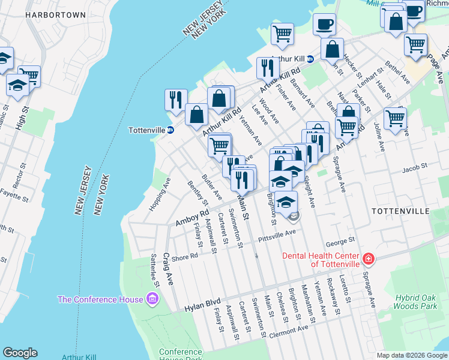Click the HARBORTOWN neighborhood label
coord(56,14)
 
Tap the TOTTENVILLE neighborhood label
coord(400,211)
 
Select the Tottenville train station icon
coord(170,130)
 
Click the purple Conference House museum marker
coord(153,299)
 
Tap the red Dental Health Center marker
coord(368,259)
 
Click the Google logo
coord(20,353)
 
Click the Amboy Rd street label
coord(192,217)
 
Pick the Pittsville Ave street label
coord(277,236)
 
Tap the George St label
coord(337,243)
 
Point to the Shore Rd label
coord(185,256)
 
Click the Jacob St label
coord(414,169)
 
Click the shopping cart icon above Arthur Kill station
coord(282,34)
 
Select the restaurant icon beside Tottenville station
coord(176,100)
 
